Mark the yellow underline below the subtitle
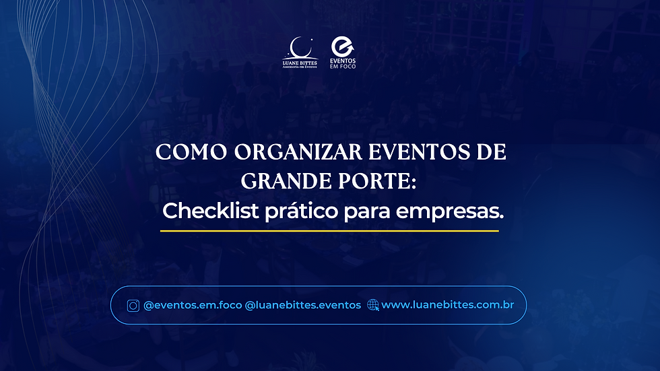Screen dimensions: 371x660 point(329,231)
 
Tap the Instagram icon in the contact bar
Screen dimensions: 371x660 point(133,305)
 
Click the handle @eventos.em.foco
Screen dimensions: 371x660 point(192,305)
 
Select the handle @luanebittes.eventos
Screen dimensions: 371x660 point(303,305)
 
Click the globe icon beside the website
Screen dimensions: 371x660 point(373,305)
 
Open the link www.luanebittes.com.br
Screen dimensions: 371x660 point(448,305)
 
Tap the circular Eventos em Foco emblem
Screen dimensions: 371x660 point(343,46)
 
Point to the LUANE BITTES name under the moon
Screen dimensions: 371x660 point(300,63)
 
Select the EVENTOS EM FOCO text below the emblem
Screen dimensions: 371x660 point(343,63)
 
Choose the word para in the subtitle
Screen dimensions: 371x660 point(368,211)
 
